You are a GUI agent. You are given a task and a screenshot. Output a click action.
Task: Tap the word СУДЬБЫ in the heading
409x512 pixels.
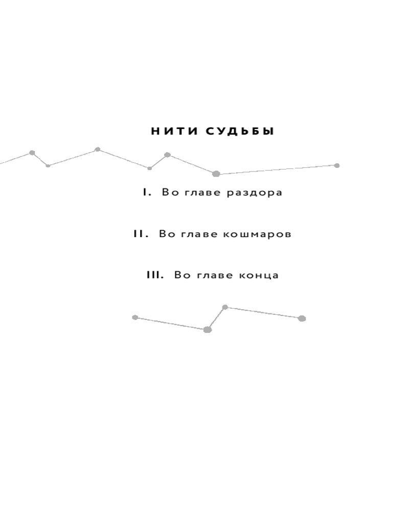(x=240, y=131)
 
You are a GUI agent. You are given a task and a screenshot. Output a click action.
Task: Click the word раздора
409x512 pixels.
(x=255, y=193)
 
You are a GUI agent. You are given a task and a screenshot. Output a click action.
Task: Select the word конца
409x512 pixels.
(x=259, y=275)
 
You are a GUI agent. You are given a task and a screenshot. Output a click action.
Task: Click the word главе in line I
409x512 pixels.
(x=203, y=193)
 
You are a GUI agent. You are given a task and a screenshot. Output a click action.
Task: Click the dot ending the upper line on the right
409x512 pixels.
(x=337, y=165)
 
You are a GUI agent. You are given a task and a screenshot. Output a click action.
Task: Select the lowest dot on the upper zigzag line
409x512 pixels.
(x=216, y=174)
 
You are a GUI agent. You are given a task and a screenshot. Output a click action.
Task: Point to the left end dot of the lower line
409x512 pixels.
(x=135, y=317)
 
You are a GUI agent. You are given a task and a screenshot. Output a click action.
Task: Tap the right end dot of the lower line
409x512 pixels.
(x=302, y=318)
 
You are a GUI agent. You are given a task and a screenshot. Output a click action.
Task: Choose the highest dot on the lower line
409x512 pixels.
(x=225, y=307)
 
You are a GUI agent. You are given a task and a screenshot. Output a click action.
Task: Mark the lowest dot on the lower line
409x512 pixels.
(x=208, y=330)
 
